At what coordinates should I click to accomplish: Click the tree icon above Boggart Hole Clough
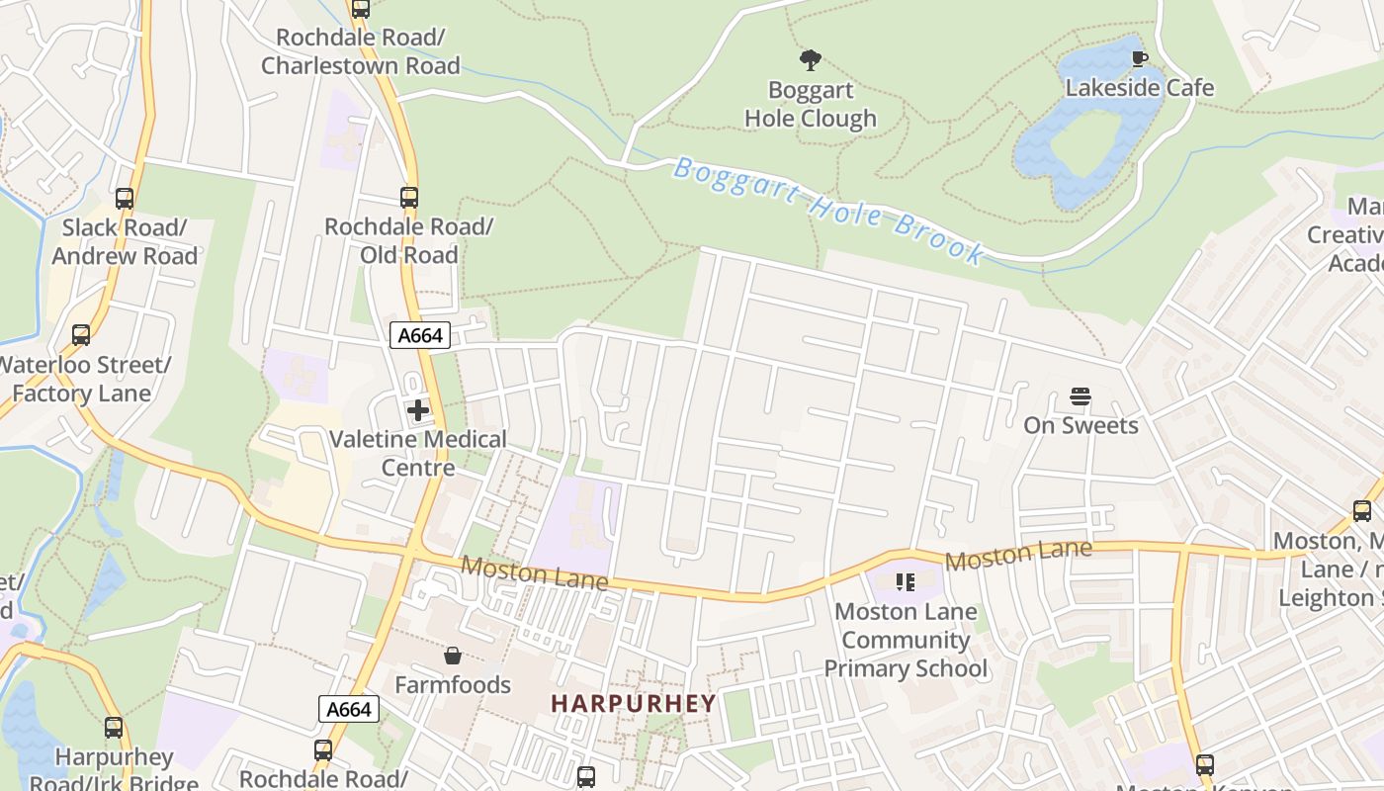811,60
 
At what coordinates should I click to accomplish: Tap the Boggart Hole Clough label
811,104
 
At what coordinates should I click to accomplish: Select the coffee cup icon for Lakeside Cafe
1139,58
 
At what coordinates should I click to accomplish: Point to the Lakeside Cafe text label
1139,88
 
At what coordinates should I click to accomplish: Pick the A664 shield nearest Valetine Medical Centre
419,336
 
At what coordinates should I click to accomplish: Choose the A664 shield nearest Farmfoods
349,709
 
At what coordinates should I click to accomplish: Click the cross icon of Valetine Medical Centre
418,409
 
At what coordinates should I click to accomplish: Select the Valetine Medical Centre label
418,453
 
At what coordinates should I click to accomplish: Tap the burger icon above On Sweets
1081,397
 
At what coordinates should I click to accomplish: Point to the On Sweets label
1081,425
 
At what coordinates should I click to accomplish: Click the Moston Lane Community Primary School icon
905,582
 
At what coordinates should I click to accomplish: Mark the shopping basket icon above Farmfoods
453,656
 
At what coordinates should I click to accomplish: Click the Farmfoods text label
453,684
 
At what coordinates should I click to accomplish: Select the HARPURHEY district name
633,704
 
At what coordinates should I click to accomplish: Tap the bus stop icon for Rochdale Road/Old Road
409,197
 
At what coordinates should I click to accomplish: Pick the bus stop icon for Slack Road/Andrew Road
125,198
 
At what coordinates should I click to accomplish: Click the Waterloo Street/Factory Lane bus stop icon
81,335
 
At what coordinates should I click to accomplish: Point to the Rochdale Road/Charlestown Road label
361,51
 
